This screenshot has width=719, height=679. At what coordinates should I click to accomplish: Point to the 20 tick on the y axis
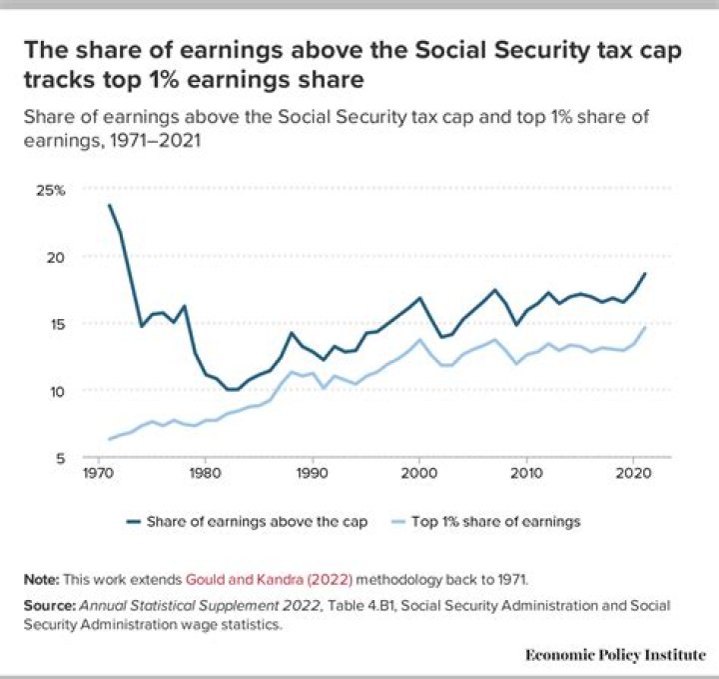(x=56, y=257)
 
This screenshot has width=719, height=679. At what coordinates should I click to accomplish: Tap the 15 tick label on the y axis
(x=56, y=324)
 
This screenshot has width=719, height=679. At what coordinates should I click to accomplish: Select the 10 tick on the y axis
(x=56, y=391)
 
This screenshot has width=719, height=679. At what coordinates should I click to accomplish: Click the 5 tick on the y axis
(x=60, y=458)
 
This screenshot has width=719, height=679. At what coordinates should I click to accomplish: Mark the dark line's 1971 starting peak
(x=109, y=205)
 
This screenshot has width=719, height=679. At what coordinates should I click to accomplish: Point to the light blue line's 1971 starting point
(x=109, y=439)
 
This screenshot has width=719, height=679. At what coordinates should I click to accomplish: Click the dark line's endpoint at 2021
(x=645, y=273)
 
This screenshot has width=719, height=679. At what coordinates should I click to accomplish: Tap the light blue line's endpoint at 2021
(x=645, y=327)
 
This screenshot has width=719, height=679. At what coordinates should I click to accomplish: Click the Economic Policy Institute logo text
(x=615, y=654)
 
